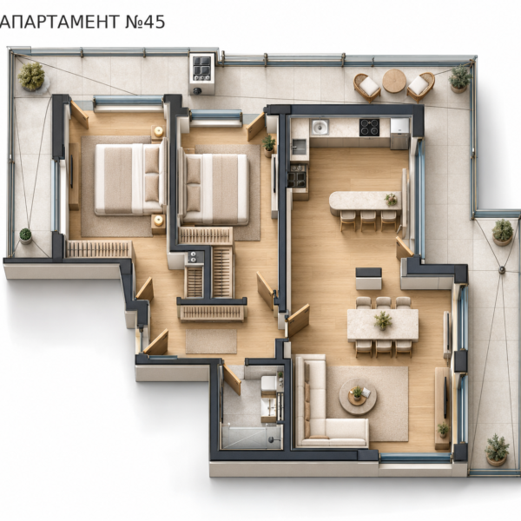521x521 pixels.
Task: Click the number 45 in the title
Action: click(154, 22)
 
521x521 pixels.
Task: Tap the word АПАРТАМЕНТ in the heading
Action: click(59, 22)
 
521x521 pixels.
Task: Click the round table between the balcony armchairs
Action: click(394, 81)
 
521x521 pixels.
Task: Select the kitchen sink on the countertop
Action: click(320, 127)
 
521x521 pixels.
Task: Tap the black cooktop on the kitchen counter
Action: click(369, 128)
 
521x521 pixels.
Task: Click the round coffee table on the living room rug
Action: click(358, 397)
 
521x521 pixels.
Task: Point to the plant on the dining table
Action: click(383, 320)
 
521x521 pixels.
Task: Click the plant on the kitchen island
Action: click(391, 200)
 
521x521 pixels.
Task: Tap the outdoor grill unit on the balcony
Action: click(201, 74)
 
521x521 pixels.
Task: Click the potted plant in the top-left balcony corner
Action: click(31, 76)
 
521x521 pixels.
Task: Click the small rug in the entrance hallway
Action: click(211, 341)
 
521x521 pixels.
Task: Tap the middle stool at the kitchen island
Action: click(368, 221)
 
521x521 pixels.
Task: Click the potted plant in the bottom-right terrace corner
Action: click(497, 450)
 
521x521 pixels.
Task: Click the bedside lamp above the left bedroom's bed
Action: click(159, 131)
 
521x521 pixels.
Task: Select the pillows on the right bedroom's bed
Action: click(193, 185)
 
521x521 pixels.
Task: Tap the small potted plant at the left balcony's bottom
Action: click(25, 236)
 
